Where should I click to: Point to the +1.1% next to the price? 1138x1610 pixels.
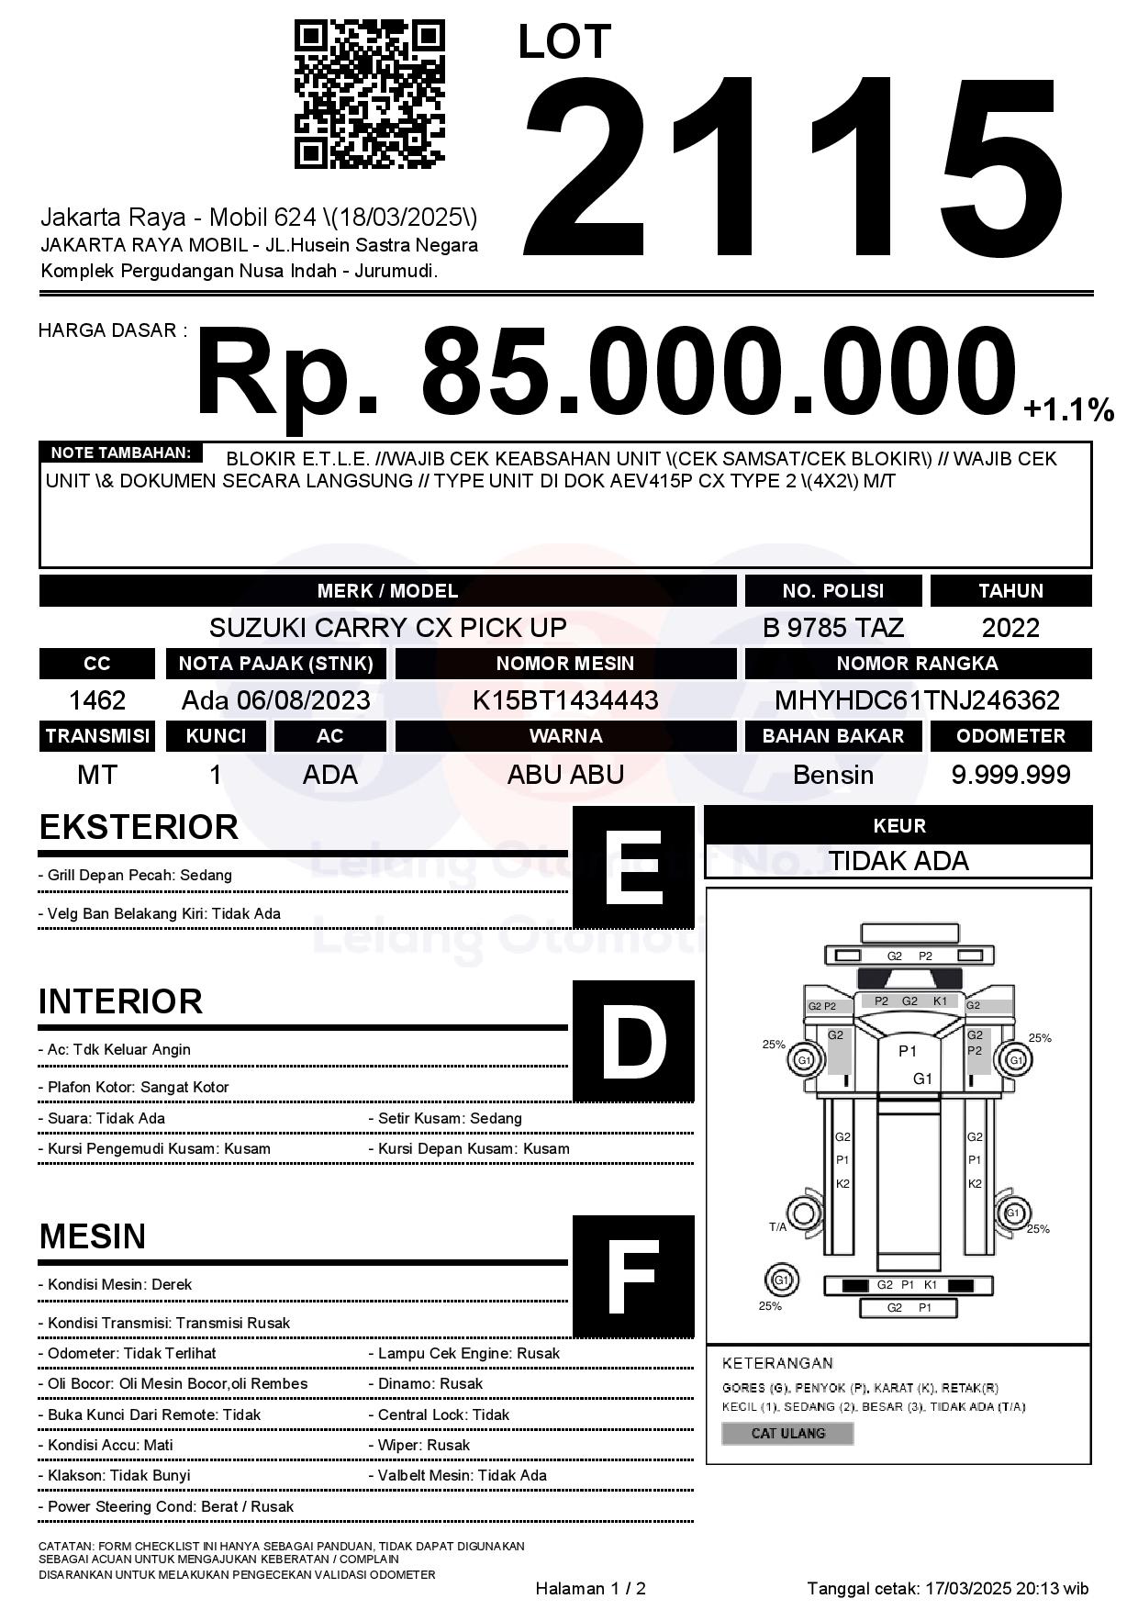coord(1068,409)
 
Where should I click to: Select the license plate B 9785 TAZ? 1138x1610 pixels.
coord(832,628)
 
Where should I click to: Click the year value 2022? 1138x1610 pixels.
coord(1010,628)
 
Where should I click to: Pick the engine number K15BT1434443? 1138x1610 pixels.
coord(565,700)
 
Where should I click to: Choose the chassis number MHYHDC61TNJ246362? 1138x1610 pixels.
coord(917,700)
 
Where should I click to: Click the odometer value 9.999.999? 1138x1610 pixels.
coord(1010,775)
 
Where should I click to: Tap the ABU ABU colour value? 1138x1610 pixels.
coord(565,775)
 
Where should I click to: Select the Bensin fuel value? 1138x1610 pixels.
coord(832,775)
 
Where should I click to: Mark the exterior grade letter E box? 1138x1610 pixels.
coord(633,867)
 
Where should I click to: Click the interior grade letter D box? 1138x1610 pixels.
coord(633,1041)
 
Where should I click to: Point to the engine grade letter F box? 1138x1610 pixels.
coord(633,1276)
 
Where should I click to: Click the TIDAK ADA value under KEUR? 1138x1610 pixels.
coord(898,861)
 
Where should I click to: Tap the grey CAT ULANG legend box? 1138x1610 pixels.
coord(787,1433)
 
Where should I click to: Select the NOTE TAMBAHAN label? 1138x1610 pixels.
coord(120,453)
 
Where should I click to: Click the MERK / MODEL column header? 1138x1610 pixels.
coord(387,591)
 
